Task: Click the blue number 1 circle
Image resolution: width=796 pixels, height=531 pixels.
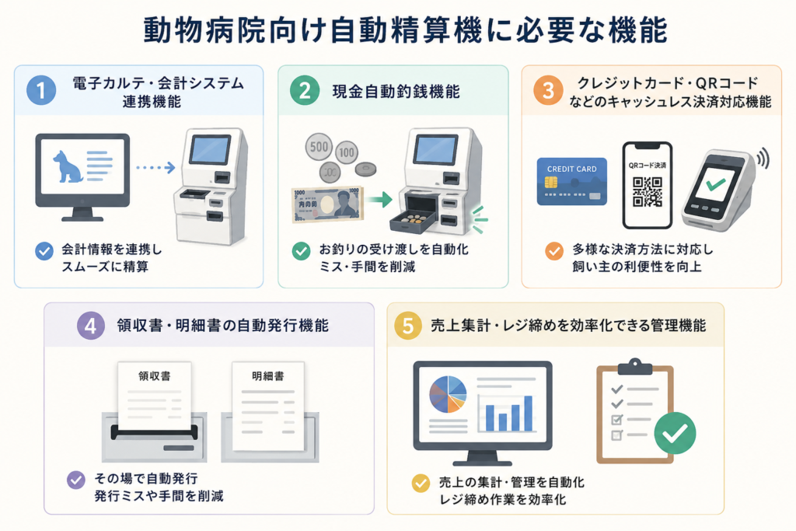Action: (x=41, y=90)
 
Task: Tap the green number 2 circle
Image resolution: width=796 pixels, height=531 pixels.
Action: (x=305, y=90)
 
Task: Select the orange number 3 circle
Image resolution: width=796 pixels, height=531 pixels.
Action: (x=548, y=90)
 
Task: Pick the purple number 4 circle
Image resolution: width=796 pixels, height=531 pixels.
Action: (x=91, y=326)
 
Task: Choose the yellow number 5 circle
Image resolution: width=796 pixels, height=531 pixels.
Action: (x=408, y=326)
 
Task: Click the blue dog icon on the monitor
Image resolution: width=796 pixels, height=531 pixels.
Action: (x=68, y=166)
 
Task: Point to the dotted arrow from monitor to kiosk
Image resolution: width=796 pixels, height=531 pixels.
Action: (x=155, y=167)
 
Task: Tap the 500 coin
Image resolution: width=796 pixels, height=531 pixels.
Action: (x=319, y=147)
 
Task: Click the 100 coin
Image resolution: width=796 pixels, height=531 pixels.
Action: (x=347, y=152)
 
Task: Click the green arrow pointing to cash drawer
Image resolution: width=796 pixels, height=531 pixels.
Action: (x=379, y=200)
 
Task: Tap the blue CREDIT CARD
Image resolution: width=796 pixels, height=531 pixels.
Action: (x=571, y=182)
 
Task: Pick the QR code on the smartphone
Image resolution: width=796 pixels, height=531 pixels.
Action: (x=648, y=191)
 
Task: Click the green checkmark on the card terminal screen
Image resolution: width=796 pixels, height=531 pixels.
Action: (x=716, y=183)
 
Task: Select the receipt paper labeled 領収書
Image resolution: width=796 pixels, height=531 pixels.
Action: (x=155, y=396)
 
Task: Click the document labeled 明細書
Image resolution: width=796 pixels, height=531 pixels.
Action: (x=268, y=406)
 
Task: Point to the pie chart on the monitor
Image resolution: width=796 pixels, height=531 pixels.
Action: (x=447, y=394)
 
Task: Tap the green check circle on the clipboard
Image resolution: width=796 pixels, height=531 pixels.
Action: (x=675, y=433)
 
